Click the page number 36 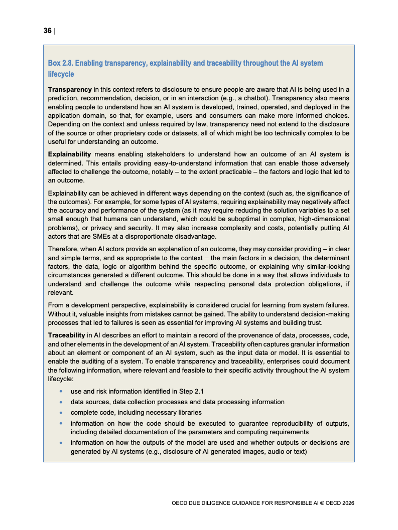48,31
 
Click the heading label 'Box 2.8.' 60,63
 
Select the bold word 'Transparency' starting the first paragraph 70,89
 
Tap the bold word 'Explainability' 69,154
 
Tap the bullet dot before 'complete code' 61,413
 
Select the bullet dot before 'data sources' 61,402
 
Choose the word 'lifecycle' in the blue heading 61,74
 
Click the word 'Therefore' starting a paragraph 64,249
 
